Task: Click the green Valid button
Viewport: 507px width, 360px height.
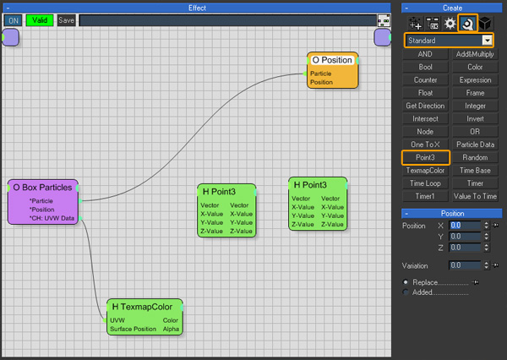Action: (40, 20)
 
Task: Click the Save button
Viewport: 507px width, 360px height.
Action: (66, 20)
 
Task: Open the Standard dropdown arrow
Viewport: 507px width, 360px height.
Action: (487, 41)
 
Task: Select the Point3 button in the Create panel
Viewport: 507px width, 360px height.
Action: (425, 157)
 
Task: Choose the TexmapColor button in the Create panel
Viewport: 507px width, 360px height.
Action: (425, 171)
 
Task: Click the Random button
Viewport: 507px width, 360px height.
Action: (475, 157)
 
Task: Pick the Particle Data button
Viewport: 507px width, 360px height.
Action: (475, 145)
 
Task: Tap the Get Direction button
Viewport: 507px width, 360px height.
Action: (425, 106)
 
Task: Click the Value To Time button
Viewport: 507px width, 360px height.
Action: (475, 196)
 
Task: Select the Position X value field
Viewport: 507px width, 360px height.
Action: (465, 226)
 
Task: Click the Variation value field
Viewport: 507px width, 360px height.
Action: (465, 265)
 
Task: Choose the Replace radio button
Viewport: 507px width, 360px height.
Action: (406, 282)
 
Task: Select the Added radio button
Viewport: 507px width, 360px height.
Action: (406, 292)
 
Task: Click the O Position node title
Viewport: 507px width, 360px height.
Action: (332, 60)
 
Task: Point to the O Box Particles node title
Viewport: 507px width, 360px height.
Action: (42, 188)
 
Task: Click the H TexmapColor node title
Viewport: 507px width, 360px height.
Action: (142, 307)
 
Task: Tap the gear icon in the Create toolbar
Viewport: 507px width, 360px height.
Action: (450, 24)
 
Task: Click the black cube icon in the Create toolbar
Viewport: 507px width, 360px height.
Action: (485, 24)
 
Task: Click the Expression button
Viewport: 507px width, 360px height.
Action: (475, 80)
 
